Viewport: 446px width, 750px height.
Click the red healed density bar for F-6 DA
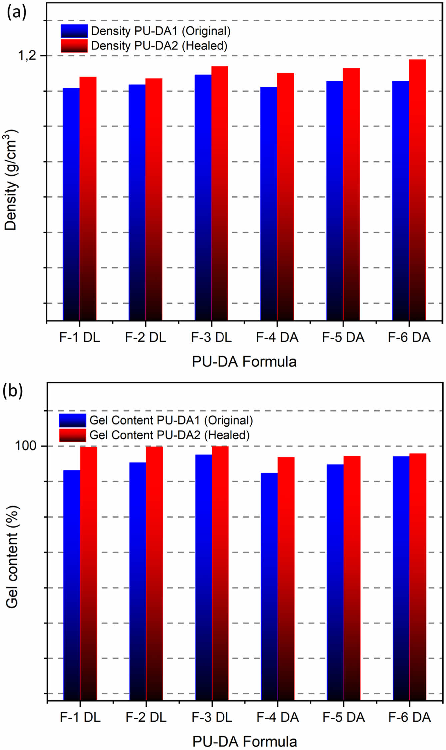[x=417, y=190]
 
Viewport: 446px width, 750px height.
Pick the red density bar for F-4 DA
[x=285, y=196]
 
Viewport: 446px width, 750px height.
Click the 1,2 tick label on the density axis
[x=27, y=55]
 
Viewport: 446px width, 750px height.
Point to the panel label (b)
[x=13, y=391]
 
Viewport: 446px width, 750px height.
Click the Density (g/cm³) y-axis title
[x=11, y=180]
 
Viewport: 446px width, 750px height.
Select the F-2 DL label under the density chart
[x=145, y=337]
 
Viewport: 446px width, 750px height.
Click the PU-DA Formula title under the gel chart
[x=244, y=741]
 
